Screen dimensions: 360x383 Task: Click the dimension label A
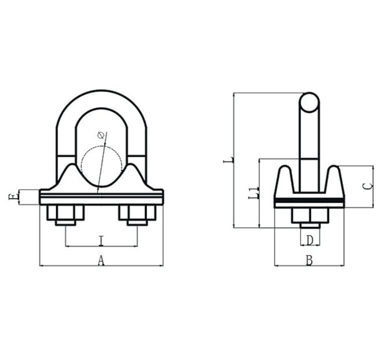coord(100,261)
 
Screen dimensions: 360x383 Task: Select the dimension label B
coord(309,261)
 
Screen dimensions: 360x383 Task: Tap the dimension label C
coord(366,186)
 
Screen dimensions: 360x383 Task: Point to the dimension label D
coord(310,239)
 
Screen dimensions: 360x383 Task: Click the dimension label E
coord(13,197)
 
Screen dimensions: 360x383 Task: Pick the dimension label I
coord(101,240)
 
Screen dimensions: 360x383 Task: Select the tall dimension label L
coord(227,160)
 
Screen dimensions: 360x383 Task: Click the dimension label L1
coord(252,193)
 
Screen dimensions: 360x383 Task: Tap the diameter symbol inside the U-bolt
coord(102,135)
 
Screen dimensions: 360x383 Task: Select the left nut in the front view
coord(65,215)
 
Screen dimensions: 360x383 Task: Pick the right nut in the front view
coord(138,215)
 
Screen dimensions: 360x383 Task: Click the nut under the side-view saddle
coord(310,216)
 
